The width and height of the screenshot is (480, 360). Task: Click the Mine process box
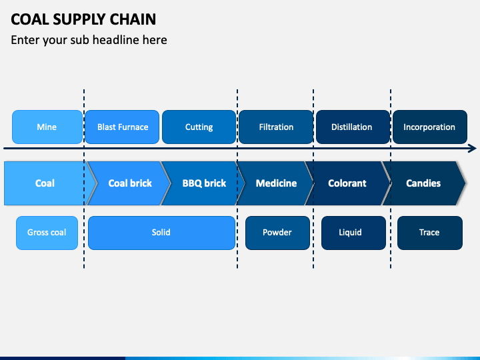[x=47, y=127]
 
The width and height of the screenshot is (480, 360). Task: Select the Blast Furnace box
[x=122, y=127]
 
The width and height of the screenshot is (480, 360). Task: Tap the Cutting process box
[x=199, y=127]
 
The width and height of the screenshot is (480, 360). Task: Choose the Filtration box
[x=276, y=127]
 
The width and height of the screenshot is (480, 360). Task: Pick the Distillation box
[x=353, y=127]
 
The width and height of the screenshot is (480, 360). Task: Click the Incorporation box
[x=430, y=127]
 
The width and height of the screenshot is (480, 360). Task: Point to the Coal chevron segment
[x=46, y=183]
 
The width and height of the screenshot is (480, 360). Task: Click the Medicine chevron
[x=276, y=183]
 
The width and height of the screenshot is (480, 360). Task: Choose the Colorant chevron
[x=347, y=183]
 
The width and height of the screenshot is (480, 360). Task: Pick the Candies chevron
[x=423, y=183]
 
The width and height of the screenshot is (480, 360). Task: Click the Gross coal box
[x=47, y=233]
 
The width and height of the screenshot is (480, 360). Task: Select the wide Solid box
[x=161, y=233]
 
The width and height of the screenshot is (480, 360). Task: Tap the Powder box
[x=277, y=233]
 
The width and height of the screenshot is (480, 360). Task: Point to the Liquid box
[x=353, y=233]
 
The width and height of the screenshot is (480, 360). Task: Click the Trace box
[x=430, y=233]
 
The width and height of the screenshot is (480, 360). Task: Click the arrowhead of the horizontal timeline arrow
[x=473, y=149]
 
